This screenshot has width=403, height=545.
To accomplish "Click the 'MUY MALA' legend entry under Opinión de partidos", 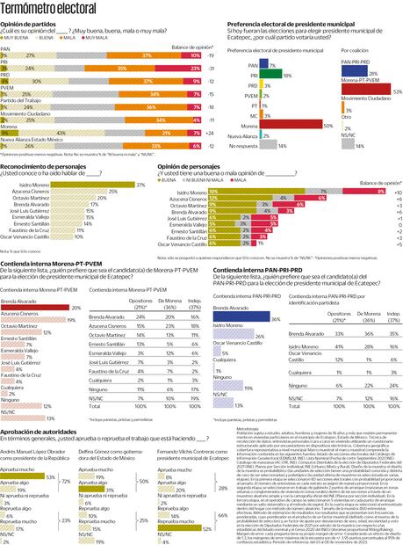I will tap(103, 39).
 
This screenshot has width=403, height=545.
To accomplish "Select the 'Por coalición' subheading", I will tap(355, 50).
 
